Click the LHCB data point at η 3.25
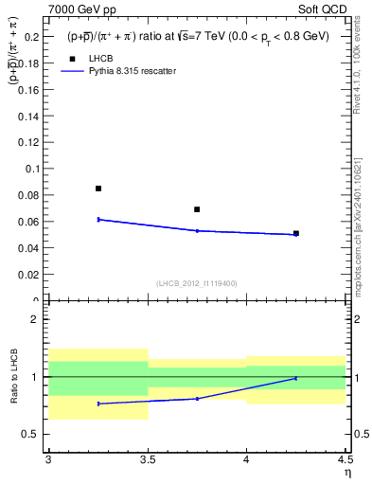(98, 189)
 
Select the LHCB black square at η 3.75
(197, 209)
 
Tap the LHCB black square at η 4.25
(296, 233)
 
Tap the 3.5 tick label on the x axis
(148, 459)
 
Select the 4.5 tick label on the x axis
(345, 459)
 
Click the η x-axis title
(346, 473)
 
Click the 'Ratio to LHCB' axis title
(14, 377)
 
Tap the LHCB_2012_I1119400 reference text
(197, 283)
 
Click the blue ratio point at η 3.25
(98, 404)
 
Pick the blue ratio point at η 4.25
(296, 378)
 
